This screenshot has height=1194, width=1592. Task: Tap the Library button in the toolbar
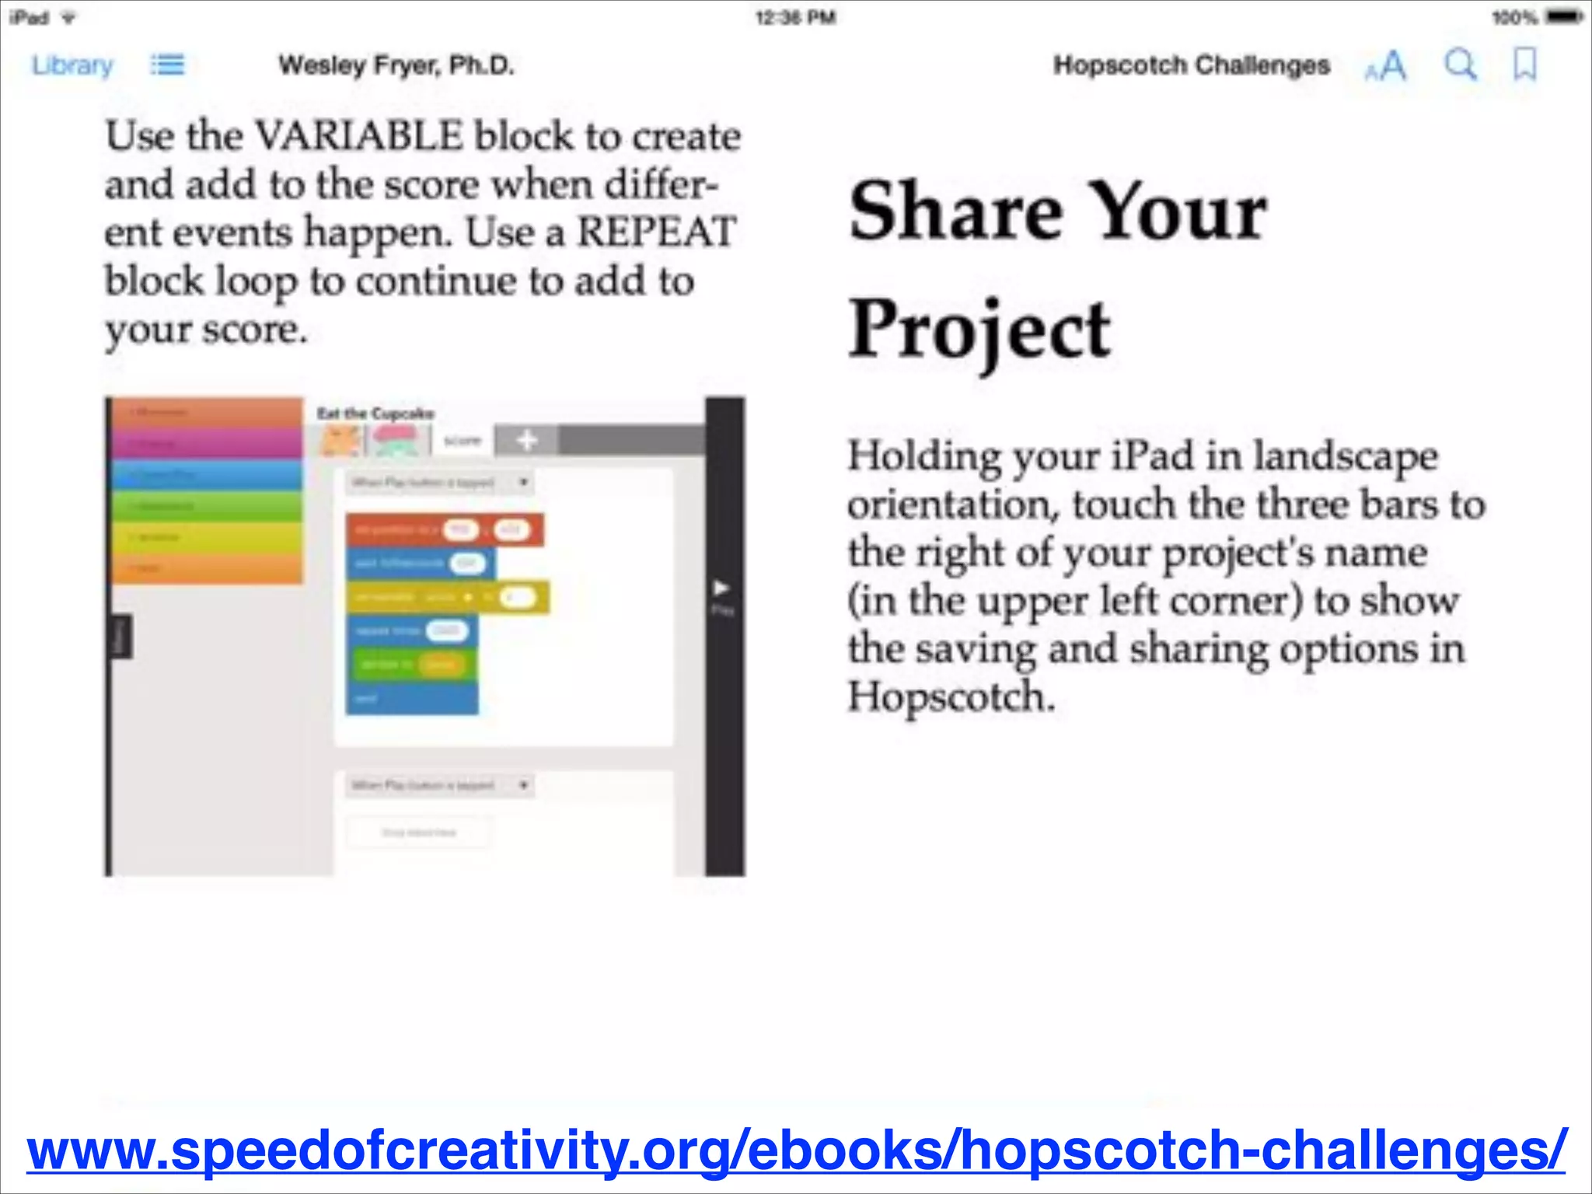point(72,65)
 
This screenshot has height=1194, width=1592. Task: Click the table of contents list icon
point(168,65)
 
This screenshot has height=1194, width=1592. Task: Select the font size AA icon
point(1386,66)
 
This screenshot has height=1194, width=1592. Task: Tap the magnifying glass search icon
point(1460,65)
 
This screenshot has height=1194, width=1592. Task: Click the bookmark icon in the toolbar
point(1524,65)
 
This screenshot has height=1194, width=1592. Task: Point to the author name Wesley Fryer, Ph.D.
point(396,65)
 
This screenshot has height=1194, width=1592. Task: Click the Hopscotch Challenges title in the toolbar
point(1191,65)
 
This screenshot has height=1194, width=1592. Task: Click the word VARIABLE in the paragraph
point(358,136)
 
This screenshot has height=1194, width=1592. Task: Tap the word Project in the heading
point(979,331)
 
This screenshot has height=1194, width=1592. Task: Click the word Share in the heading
point(955,211)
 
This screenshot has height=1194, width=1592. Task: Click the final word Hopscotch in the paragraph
point(950,696)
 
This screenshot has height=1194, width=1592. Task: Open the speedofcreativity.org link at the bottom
point(796,1150)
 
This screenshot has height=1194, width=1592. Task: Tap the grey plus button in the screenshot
point(526,441)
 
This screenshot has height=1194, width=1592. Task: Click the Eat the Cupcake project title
point(375,414)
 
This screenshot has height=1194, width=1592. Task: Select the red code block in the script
point(444,530)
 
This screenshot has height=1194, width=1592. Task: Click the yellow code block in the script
point(447,598)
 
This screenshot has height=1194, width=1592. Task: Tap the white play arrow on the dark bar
point(721,588)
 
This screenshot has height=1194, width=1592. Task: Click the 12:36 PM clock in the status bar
point(795,17)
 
